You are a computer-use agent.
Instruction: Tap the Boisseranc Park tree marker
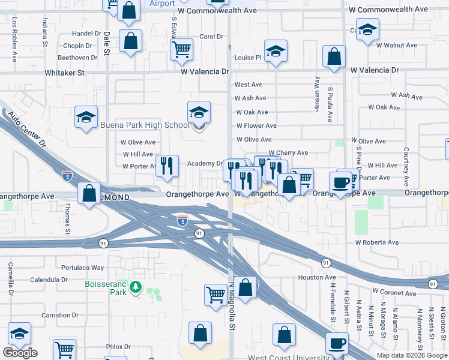tap(137, 287)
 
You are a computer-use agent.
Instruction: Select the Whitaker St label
tap(65, 72)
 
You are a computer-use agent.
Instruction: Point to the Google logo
tap(20, 353)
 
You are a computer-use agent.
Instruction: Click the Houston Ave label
tap(317, 277)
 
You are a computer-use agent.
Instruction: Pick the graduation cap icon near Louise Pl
tap(276, 52)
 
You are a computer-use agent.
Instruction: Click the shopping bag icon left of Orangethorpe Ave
tap(89, 194)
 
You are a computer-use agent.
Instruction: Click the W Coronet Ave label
tap(393, 291)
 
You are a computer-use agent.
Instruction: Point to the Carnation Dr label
tap(59, 315)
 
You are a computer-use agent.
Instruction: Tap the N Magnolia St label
tap(231, 305)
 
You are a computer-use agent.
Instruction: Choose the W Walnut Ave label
tap(396, 46)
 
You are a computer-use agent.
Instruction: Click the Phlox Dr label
tap(118, 347)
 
